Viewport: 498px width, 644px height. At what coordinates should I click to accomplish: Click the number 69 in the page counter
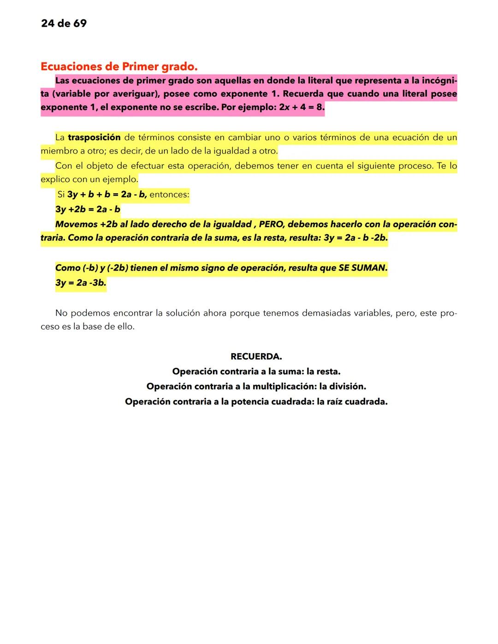(79, 24)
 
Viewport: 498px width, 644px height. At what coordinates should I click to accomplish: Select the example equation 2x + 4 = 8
(302, 109)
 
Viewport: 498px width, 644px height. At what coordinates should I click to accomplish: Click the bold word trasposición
(94, 137)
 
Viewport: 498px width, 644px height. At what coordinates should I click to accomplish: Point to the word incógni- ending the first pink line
(439, 81)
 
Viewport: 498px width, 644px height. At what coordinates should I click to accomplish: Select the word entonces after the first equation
(169, 195)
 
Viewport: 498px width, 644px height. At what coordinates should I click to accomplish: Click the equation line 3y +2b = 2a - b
(88, 209)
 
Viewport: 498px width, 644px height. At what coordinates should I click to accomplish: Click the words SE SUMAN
(363, 268)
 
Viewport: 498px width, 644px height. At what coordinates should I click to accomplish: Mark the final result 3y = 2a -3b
(81, 283)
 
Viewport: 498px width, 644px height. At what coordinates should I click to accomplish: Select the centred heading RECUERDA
(256, 357)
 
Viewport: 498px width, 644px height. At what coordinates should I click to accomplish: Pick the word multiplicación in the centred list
(284, 386)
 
